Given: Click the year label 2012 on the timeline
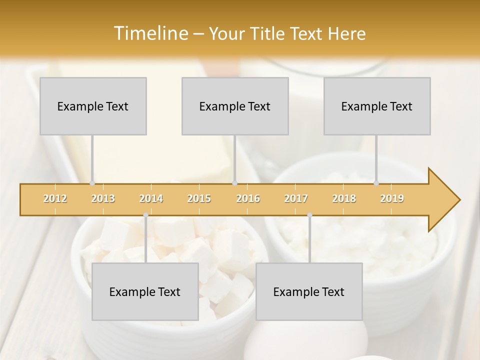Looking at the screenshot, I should point(55,198).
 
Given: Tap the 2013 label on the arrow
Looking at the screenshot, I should point(103,198).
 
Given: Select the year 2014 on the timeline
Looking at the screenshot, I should point(151,198).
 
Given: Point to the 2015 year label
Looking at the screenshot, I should point(199,198).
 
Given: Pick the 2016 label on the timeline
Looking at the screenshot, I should point(248,198).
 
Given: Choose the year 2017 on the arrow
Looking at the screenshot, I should point(296,198).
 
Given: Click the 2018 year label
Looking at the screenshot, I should point(344,198).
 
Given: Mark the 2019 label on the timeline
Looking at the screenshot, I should point(392,198).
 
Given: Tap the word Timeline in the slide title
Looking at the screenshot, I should point(149,33).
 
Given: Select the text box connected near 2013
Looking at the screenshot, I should point(93,106).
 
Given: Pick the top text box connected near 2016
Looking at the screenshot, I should point(235,106).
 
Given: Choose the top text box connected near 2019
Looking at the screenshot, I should point(377,106).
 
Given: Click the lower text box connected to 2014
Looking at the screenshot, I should point(145,291).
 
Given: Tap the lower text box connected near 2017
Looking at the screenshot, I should point(309,291).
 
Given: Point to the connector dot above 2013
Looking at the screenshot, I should point(92,183).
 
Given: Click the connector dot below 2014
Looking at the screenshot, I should point(145,215).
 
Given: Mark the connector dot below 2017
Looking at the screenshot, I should point(309,215).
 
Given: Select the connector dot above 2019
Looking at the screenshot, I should point(376,183).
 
